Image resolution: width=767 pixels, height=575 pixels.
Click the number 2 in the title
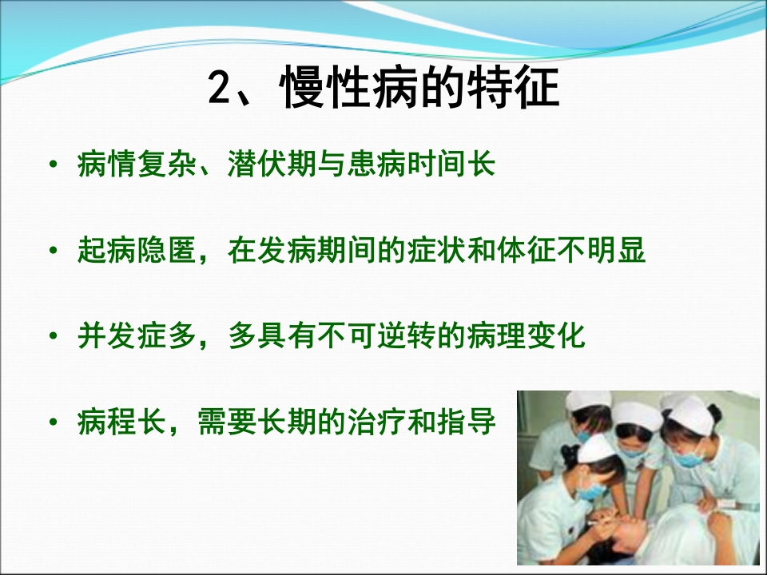[219, 89]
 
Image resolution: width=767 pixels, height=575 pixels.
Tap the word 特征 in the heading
[515, 87]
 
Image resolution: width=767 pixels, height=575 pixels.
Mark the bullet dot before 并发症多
[53, 337]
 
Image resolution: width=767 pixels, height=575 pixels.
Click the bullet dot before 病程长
[53, 422]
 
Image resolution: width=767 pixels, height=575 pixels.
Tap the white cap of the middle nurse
[635, 414]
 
